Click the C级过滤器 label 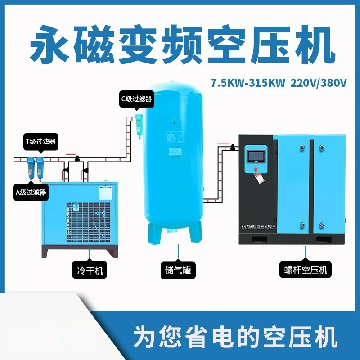point(136,99)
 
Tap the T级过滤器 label point(40,141)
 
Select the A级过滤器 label point(31,193)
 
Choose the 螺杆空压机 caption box point(306,270)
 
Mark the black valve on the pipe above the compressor point(233,147)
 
